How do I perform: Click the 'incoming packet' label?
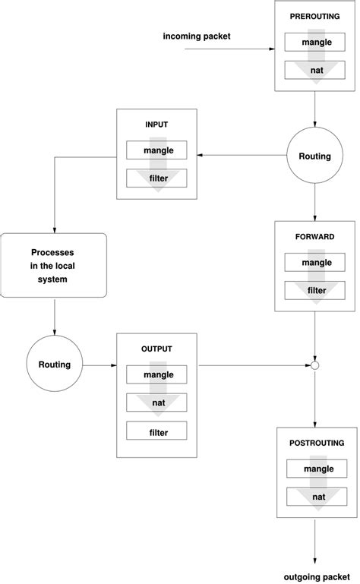click(x=196, y=36)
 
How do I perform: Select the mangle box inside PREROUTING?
click(x=316, y=43)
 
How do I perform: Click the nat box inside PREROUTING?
click(x=316, y=71)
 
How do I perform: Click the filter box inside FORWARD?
click(x=316, y=290)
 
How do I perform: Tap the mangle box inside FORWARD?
click(x=316, y=262)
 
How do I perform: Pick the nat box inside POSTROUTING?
click(x=316, y=497)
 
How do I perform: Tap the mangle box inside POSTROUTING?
click(x=316, y=469)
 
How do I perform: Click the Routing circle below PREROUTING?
click(x=315, y=156)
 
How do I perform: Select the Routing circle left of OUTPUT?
click(x=55, y=365)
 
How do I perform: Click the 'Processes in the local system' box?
click(x=55, y=266)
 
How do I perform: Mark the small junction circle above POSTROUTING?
click(x=315, y=365)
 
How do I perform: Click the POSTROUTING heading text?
click(x=316, y=443)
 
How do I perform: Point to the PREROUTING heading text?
click(x=316, y=16)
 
